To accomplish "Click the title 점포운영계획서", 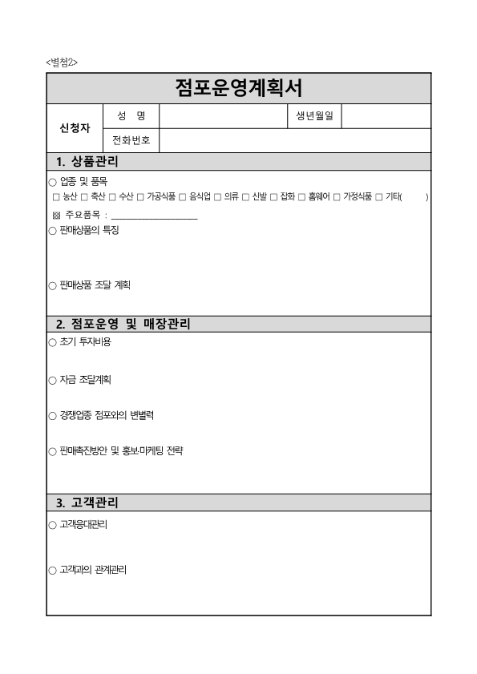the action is [238, 87].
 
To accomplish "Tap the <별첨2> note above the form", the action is [62, 63].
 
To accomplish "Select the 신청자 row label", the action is [75, 128].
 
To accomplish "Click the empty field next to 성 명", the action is [222, 117].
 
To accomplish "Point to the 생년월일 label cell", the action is [314, 117].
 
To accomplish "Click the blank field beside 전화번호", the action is [295, 140].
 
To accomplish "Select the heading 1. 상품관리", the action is [87, 162].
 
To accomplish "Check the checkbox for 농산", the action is [55, 196].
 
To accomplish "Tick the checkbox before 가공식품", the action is [140, 196].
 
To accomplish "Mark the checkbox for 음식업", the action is [182, 196].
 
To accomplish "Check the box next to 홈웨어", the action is [301, 196].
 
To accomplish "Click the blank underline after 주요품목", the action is [154, 216].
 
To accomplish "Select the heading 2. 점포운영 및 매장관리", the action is [123, 325].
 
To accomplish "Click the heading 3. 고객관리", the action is [87, 503].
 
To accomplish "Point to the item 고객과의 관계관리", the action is [92, 570].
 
